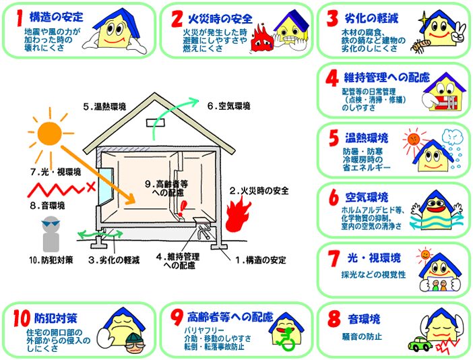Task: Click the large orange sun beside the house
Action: [x=50, y=133]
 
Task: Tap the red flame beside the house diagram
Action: [x=238, y=214]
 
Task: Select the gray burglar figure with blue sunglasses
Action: [x=51, y=234]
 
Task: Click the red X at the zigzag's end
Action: [x=91, y=187]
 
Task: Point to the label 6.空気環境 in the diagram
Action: [x=228, y=107]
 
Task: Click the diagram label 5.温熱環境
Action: [x=104, y=107]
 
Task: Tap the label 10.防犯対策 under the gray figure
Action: [x=51, y=260]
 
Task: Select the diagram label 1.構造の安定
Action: [x=261, y=260]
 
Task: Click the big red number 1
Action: [x=20, y=18]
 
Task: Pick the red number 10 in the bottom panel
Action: [x=22, y=318]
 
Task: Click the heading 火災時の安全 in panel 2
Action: [x=220, y=19]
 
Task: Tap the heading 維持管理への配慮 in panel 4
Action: [x=387, y=78]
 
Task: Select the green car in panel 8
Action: [x=420, y=343]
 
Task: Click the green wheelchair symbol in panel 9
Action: [x=286, y=340]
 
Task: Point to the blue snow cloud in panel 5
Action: [x=452, y=138]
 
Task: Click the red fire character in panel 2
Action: [x=262, y=39]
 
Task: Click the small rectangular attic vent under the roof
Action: [x=156, y=123]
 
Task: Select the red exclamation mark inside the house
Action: [x=182, y=208]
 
